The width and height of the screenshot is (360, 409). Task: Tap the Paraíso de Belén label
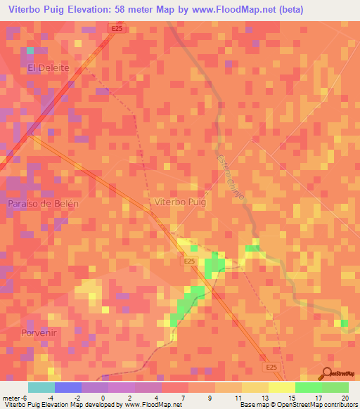pos(44,203)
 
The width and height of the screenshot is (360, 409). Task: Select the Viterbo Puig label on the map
pos(179,202)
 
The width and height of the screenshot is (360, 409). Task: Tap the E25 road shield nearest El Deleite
pos(117,28)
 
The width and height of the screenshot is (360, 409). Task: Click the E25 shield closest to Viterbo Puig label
pos(188,261)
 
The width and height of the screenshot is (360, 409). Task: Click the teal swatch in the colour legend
pos(41,387)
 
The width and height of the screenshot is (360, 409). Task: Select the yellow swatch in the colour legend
pos(281,387)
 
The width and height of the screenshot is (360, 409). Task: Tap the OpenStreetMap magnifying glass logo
pos(327,372)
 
